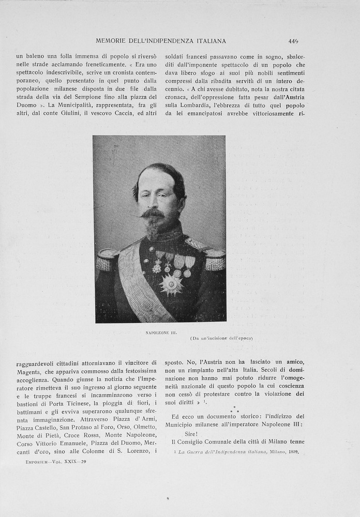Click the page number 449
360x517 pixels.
(293, 41)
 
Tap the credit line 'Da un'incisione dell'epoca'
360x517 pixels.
(221, 338)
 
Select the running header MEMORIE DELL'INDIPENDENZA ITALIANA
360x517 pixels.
(161, 41)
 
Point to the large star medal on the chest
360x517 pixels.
(171, 284)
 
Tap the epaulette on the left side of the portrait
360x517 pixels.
(108, 260)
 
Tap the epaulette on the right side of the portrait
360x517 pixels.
(215, 260)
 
